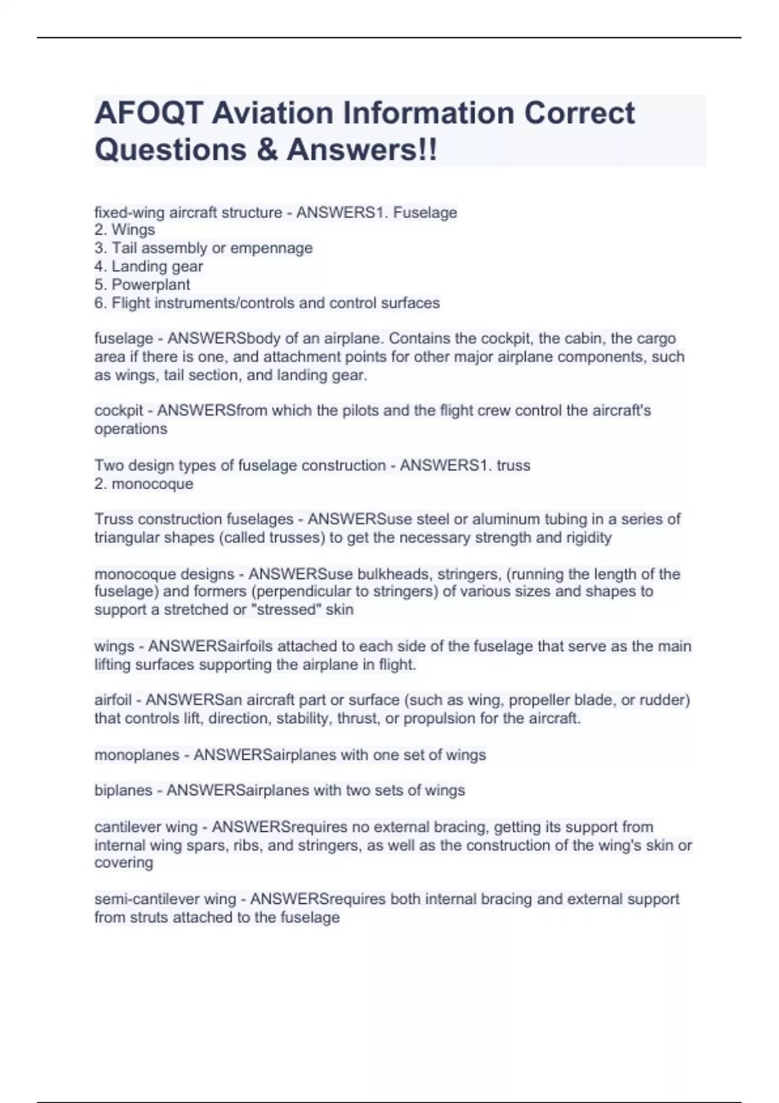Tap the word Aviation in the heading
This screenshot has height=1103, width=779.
point(272,113)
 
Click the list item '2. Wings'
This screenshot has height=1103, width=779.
point(125,230)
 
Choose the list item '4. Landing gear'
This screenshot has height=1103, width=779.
point(149,266)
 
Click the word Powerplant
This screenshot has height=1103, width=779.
point(151,284)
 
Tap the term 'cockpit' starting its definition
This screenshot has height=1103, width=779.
point(118,411)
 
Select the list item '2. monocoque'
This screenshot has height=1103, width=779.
point(143,484)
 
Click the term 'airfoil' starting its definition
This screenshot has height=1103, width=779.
point(112,700)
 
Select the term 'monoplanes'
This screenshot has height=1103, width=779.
point(136,755)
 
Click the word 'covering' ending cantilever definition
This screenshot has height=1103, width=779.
point(123,863)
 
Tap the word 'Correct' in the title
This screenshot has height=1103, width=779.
point(579,113)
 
